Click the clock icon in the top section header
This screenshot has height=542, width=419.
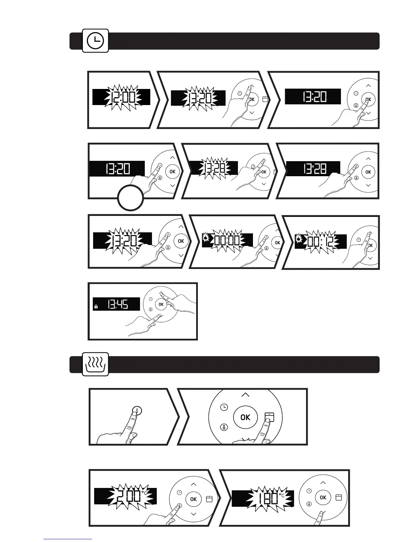(96, 41)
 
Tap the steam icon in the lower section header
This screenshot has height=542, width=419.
(96, 364)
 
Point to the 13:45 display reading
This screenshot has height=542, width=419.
(118, 304)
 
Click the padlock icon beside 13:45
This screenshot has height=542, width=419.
(96, 307)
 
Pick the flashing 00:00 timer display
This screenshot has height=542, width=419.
(227, 241)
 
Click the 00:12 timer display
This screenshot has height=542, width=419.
(320, 242)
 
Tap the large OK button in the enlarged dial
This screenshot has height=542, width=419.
(245, 417)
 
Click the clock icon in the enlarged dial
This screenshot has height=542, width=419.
(224, 407)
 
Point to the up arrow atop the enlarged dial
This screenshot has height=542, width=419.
(245, 395)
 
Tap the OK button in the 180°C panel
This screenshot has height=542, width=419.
(323, 498)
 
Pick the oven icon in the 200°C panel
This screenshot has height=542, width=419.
(209, 499)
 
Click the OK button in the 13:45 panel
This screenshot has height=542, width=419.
(161, 304)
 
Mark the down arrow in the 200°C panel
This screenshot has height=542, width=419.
(194, 514)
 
